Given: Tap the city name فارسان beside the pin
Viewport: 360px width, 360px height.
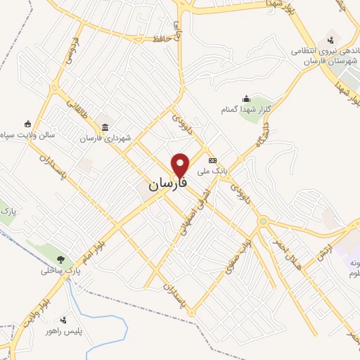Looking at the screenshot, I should point(168,184).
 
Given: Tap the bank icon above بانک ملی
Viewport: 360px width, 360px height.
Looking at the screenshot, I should point(212,160).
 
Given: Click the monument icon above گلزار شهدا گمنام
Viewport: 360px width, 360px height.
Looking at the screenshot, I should point(246,98).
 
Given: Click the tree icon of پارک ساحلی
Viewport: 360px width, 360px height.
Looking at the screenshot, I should point(61,259).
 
